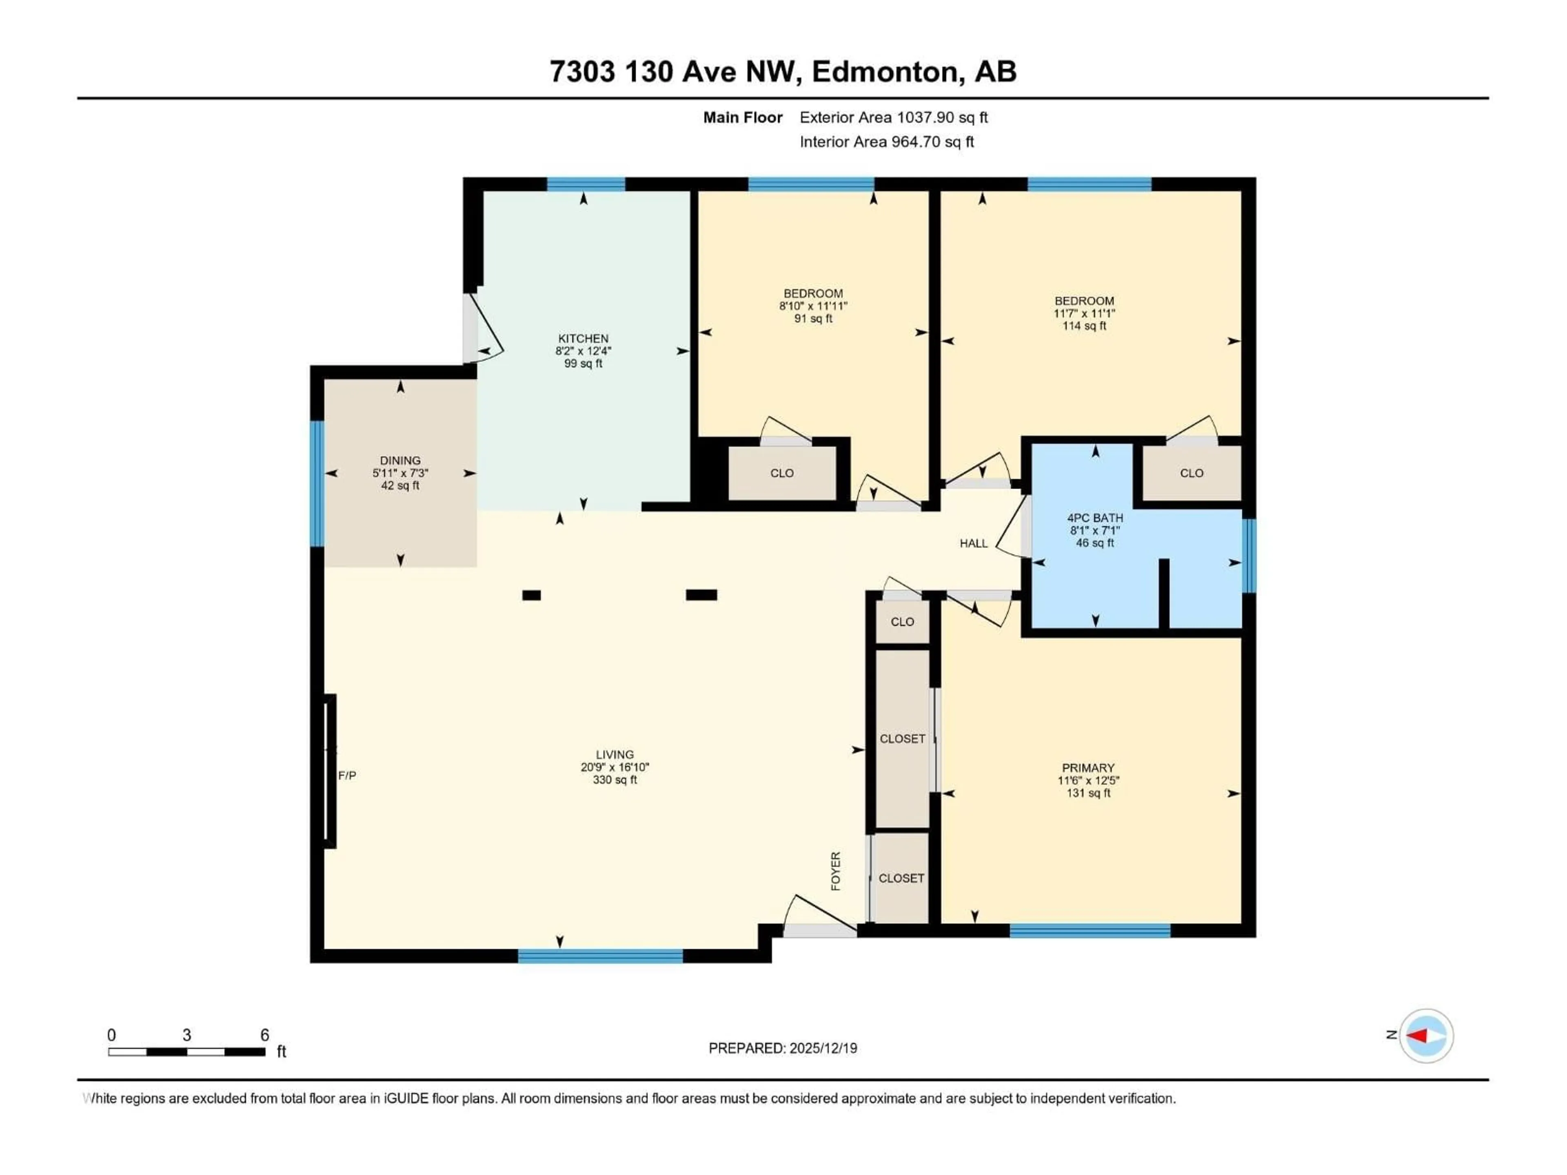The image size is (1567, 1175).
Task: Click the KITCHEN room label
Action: (583, 339)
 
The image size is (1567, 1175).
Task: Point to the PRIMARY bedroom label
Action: (1088, 768)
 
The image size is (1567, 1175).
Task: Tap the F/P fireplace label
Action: (347, 776)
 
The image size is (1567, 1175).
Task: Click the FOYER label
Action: (836, 871)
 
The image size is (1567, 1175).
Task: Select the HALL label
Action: (973, 543)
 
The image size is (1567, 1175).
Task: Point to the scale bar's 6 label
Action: (265, 1035)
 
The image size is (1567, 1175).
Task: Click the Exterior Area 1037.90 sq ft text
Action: (893, 117)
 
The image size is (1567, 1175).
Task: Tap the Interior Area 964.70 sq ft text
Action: (886, 142)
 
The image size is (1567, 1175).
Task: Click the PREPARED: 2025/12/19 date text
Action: (783, 1048)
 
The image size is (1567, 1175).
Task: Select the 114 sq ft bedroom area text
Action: (1084, 326)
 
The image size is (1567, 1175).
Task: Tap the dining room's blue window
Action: (317, 484)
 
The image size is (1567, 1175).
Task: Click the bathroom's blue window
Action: (1250, 556)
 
